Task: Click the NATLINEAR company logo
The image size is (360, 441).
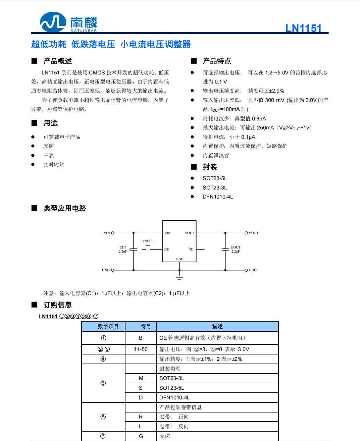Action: click(x=68, y=22)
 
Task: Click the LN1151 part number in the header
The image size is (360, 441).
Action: click(x=303, y=28)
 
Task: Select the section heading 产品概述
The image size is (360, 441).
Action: click(x=57, y=61)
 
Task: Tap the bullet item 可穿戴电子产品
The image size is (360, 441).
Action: click(x=62, y=137)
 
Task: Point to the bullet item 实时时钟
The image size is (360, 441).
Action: click(x=54, y=164)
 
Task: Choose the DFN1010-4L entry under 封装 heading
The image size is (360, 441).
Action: click(x=218, y=197)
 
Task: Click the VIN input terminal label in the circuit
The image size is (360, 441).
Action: click(x=107, y=233)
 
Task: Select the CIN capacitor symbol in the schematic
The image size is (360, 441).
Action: click(x=134, y=249)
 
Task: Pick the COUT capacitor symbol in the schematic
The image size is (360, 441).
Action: click(x=225, y=249)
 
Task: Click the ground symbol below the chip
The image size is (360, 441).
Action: click(x=179, y=277)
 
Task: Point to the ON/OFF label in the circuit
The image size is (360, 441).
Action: click(x=148, y=241)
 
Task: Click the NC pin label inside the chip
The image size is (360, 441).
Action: click(x=191, y=249)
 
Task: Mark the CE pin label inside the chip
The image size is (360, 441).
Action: click(x=167, y=249)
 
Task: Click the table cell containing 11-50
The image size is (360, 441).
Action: click(x=141, y=349)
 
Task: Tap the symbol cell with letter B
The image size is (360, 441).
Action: click(x=141, y=338)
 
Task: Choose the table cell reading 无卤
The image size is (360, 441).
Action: click(x=165, y=436)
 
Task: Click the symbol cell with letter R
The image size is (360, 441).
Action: click(x=141, y=417)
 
